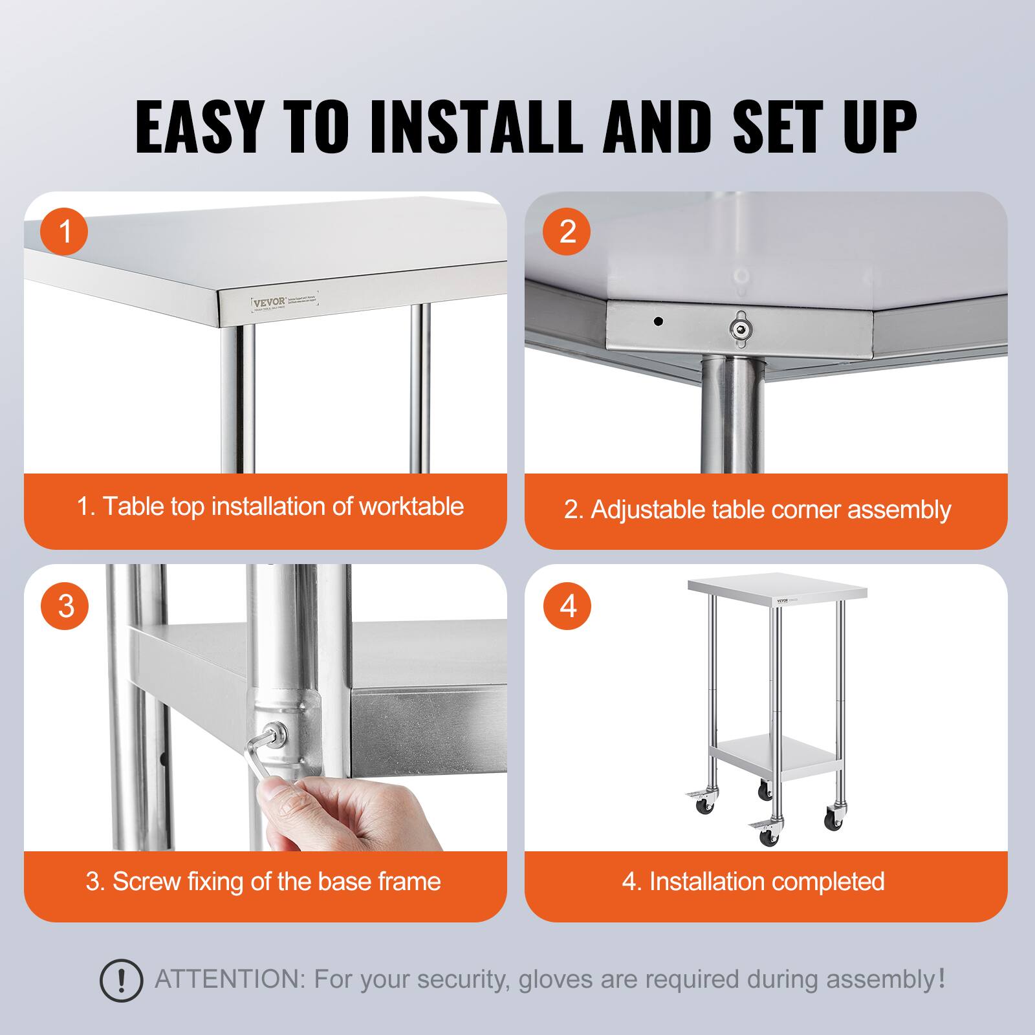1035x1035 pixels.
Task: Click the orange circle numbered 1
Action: (65, 232)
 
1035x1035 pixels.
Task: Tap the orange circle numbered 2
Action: (567, 232)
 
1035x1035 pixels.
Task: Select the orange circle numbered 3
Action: (65, 606)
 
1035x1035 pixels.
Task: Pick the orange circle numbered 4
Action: (567, 606)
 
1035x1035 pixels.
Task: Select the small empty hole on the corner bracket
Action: (659, 320)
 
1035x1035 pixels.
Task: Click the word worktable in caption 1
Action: (411, 507)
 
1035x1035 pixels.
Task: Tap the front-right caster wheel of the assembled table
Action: (834, 821)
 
